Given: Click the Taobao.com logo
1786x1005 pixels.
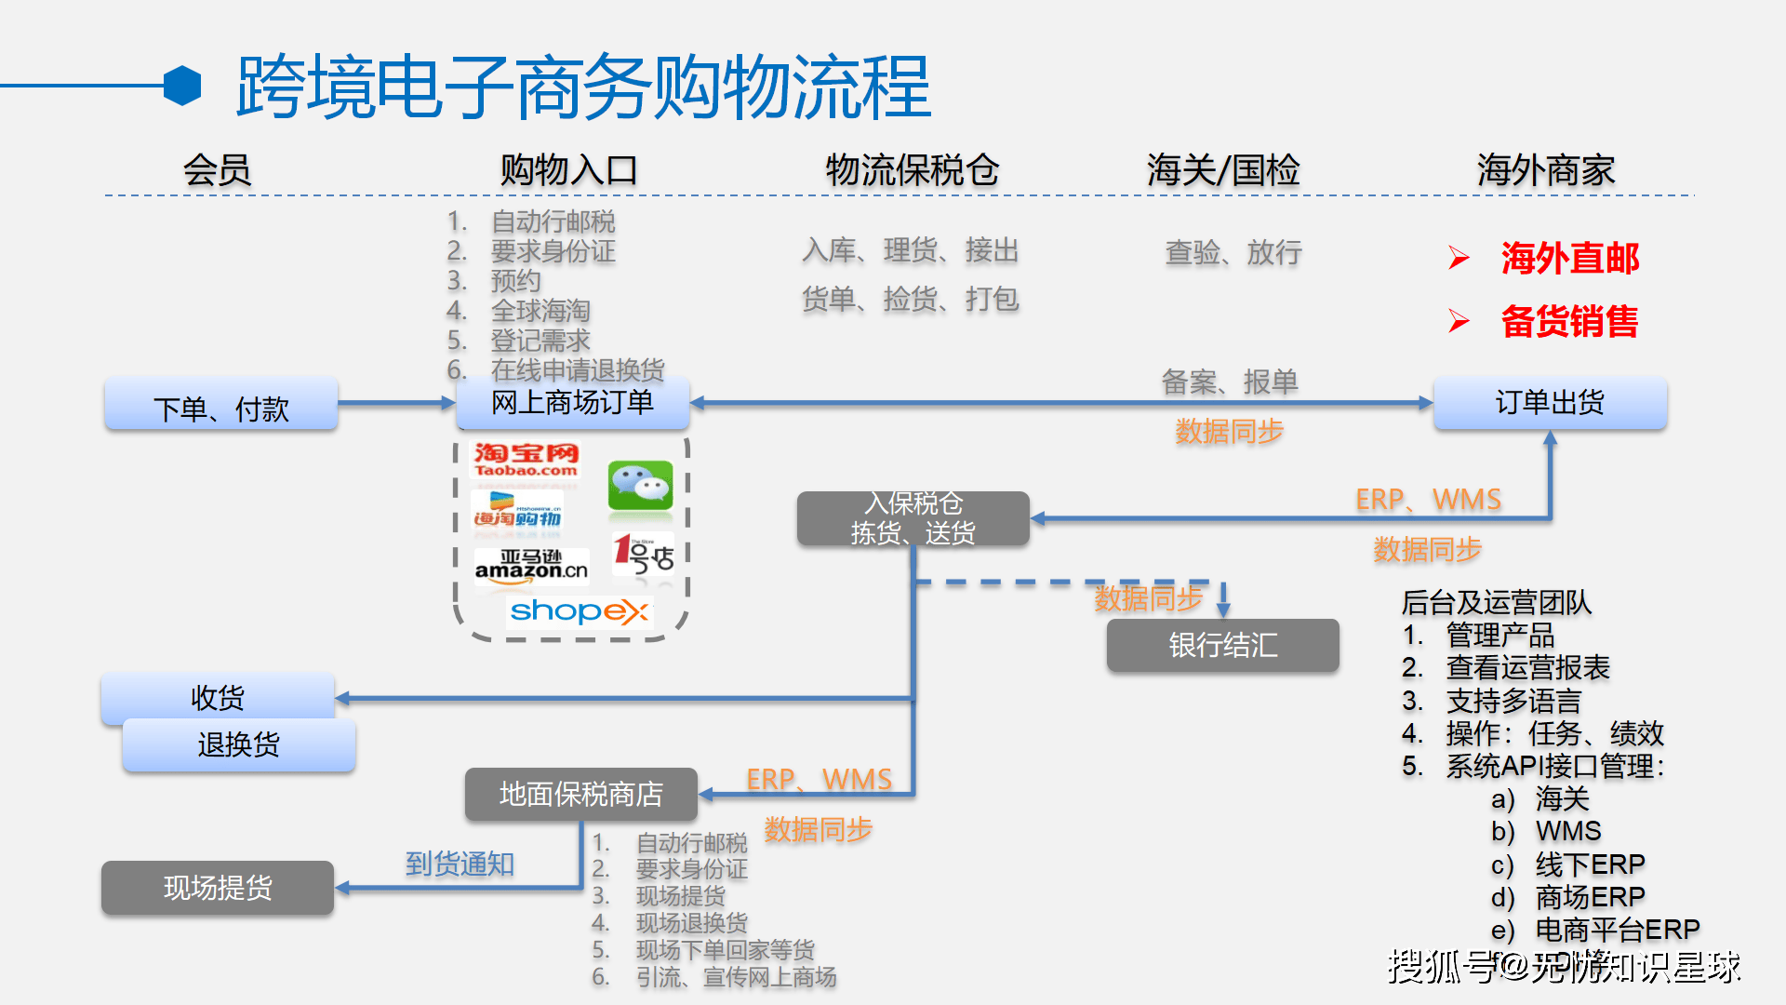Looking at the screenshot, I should pos(526,460).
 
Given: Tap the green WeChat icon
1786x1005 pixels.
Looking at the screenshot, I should pos(640,486).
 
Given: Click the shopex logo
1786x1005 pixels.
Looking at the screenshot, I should pos(579,611).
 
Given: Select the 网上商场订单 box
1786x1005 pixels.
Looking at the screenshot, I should pos(573,403).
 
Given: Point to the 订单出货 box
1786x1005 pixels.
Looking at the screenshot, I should pos(1550,403).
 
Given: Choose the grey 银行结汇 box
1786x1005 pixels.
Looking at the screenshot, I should pos(1222,645).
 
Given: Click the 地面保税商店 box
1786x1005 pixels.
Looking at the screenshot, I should pos(581,794).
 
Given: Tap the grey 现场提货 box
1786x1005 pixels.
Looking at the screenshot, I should pos(218,888).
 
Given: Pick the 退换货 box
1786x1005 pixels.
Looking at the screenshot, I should pos(239,745).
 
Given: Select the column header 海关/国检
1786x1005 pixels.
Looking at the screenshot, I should pos(1222,170).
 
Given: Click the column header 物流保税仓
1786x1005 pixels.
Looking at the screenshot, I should pos(912,170).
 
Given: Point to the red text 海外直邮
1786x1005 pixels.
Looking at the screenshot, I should pos(1569,258).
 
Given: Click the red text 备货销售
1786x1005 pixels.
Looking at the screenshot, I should pos(1569,321).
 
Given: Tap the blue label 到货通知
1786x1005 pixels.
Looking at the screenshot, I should pos(460,864).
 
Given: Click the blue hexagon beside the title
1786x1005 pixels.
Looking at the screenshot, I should pos(182,86).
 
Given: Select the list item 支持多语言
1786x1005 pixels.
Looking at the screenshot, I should pos(1513,701).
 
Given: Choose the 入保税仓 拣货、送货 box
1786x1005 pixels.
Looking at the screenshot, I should pos(913,518).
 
